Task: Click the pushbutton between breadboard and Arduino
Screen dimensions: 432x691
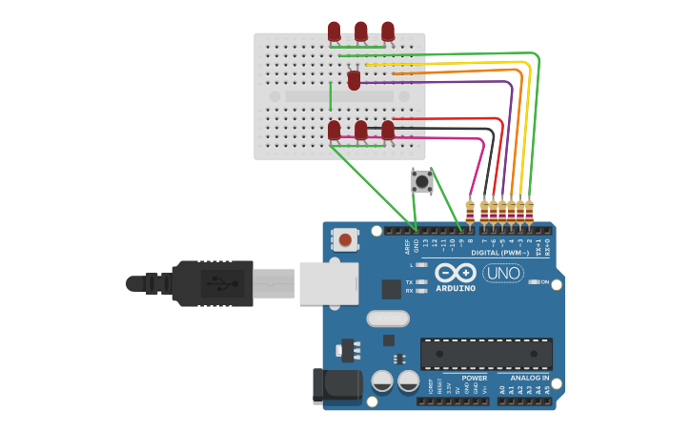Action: (x=421, y=180)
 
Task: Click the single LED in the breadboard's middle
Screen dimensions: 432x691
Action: (x=355, y=81)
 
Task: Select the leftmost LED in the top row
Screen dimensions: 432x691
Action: (x=334, y=31)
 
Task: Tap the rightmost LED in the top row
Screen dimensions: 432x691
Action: (x=388, y=31)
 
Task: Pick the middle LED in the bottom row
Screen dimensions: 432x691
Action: (x=361, y=130)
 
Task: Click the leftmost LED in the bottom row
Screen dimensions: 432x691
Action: (x=334, y=130)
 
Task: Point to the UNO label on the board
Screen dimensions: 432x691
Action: (x=503, y=274)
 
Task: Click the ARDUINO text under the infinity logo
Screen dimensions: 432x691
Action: (x=456, y=288)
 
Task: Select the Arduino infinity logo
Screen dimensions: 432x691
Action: (x=456, y=273)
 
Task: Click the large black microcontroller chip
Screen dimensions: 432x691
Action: (x=486, y=353)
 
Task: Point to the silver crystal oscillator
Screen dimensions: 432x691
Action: (x=388, y=318)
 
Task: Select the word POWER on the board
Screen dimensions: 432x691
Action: (x=475, y=378)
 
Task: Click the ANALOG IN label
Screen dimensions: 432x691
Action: (x=529, y=378)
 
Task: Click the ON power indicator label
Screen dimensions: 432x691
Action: (x=544, y=282)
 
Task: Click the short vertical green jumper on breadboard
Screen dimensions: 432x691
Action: (x=331, y=96)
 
